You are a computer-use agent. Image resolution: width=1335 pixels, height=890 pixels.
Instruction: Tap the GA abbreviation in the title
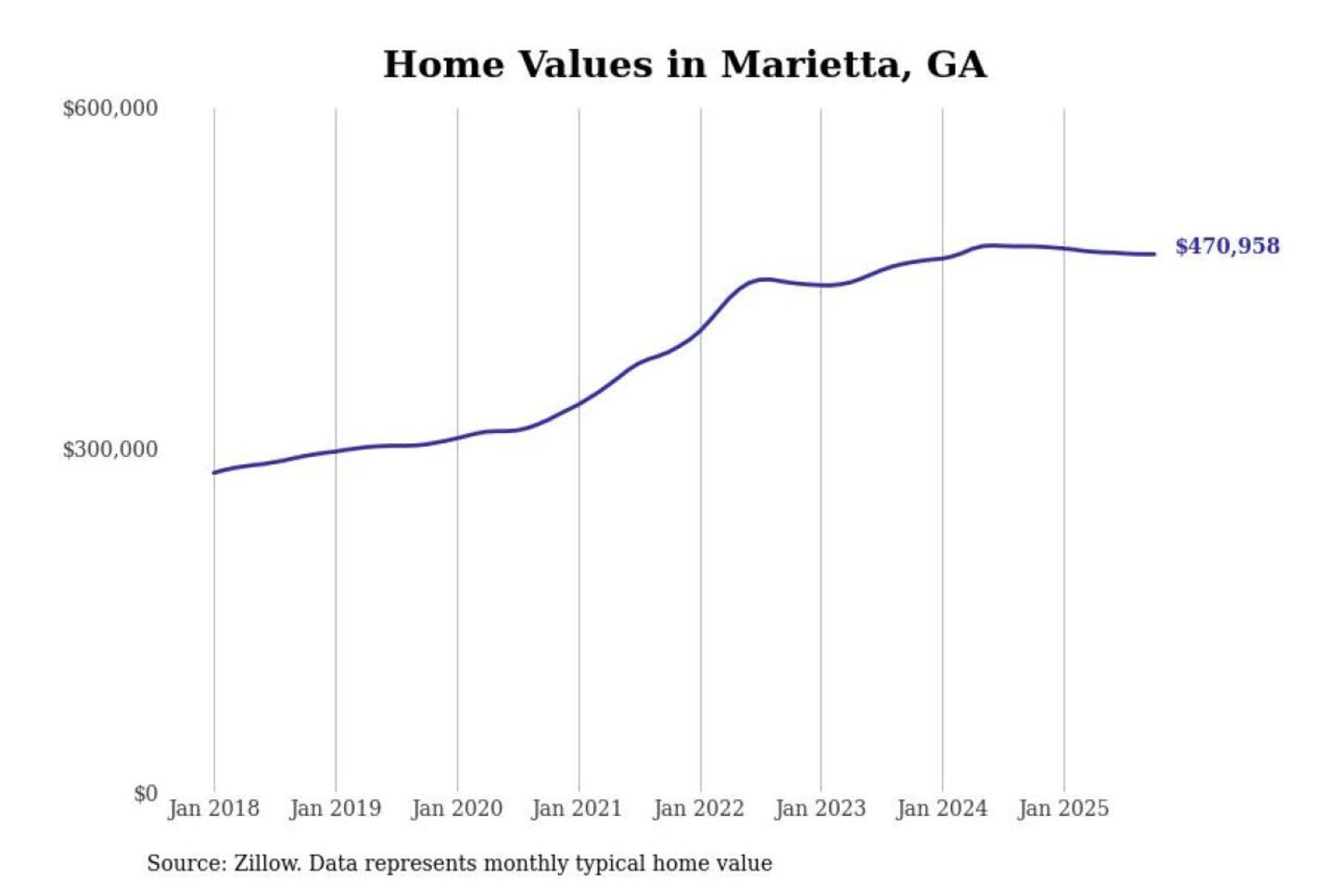[x=956, y=65]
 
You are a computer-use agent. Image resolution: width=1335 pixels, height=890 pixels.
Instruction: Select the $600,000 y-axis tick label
[x=110, y=108]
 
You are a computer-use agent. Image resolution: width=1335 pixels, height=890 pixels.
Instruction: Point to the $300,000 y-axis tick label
[x=110, y=450]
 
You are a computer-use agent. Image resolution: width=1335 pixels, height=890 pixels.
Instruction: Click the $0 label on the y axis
[x=146, y=794]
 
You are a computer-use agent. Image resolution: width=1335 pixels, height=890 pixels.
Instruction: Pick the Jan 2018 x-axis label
[x=213, y=808]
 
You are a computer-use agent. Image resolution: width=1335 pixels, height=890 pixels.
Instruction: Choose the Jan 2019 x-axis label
[x=335, y=808]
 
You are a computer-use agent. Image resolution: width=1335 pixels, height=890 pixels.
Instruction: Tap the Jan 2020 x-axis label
[x=456, y=808]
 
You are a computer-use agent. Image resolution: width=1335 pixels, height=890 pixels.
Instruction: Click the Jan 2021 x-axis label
[x=577, y=808]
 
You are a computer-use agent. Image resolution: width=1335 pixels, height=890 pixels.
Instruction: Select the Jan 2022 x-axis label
[x=698, y=808]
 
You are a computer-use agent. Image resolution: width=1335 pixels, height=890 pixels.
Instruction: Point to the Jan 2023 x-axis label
[x=820, y=808]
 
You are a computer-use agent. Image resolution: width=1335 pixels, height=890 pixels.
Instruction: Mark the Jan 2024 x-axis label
[x=941, y=808]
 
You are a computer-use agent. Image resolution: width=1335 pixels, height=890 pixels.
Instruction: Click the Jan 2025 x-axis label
[x=1062, y=808]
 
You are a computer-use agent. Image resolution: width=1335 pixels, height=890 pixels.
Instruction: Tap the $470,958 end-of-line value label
[x=1227, y=247]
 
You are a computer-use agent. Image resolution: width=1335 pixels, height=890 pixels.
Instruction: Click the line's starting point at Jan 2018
[x=214, y=473]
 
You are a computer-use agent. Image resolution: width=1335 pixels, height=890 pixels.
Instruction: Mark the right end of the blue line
[x=1154, y=254]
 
